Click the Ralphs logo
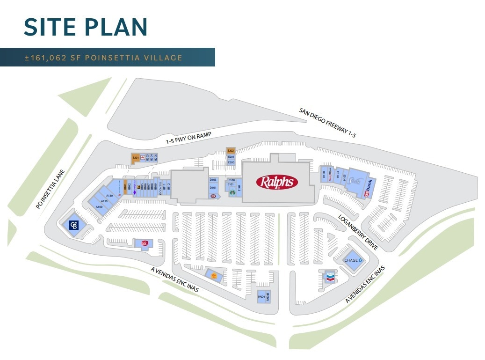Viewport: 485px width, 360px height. coord(277,182)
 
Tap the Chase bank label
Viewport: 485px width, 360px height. coord(351,260)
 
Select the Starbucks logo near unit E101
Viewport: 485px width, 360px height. coord(232,191)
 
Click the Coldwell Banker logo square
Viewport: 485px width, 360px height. coord(74,225)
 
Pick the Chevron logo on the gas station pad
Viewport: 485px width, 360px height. coord(330,278)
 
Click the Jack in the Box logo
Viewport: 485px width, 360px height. coord(145,243)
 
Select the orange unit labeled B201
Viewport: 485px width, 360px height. coord(136,158)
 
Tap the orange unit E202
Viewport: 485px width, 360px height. coord(231,151)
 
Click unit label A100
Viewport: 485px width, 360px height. coord(99,207)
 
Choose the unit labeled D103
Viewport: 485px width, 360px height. coord(213,180)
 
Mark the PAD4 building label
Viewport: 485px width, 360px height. coord(261,296)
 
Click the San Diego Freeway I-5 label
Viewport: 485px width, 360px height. coord(327,122)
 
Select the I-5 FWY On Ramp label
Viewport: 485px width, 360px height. coord(188,138)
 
